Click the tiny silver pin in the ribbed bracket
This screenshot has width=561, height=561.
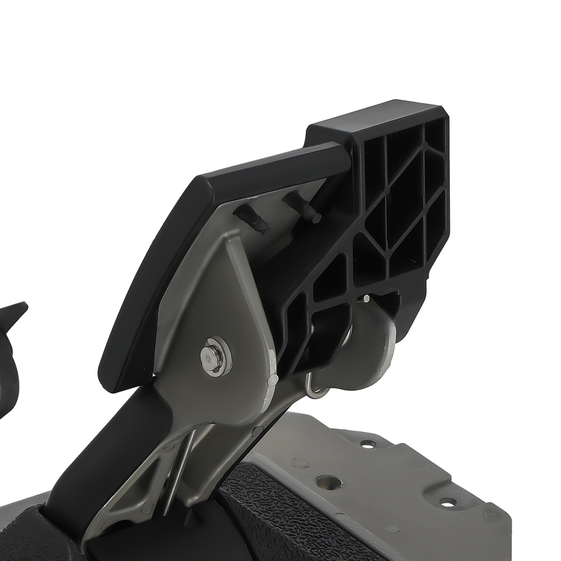click(366, 299)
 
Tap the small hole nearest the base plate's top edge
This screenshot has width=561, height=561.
click(368, 443)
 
